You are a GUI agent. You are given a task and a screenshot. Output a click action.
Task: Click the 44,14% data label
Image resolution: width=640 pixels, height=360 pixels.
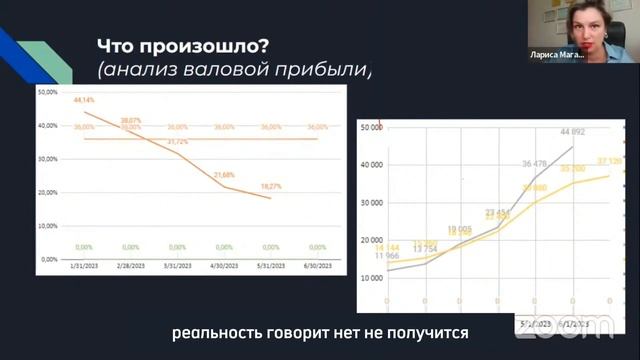point(82,101)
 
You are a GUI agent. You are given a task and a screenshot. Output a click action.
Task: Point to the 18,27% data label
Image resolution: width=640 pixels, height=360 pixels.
point(271,186)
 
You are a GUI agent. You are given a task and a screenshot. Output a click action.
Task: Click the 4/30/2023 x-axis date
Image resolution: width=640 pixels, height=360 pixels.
point(223,265)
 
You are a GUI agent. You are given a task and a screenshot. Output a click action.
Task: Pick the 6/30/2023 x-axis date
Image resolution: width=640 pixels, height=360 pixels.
point(317,265)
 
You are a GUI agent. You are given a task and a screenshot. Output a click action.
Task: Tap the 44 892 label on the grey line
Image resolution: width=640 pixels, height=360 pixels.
point(572,132)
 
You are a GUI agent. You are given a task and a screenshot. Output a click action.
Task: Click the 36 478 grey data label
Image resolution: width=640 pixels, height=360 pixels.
point(535,164)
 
